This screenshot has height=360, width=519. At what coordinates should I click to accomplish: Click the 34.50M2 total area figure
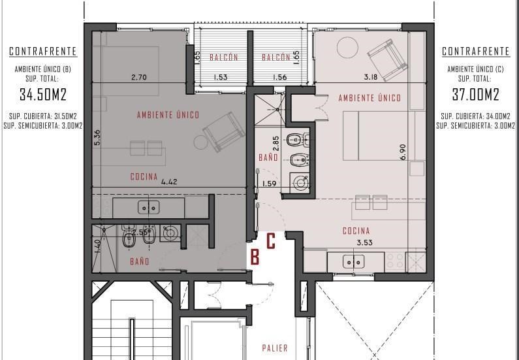43,95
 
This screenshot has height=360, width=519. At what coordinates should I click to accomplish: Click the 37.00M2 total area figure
476,95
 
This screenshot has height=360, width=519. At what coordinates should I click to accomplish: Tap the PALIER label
275,348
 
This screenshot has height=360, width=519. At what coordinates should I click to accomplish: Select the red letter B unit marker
255,257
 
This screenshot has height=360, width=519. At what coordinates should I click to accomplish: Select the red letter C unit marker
271,241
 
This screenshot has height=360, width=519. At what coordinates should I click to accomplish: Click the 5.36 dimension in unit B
97,137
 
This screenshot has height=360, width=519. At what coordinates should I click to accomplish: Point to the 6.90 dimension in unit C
403,152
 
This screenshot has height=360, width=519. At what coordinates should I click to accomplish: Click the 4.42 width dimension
169,182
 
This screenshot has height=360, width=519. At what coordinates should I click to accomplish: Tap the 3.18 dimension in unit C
371,77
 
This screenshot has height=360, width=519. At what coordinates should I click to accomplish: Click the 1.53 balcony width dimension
221,78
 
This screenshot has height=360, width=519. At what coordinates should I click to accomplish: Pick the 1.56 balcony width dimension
279,78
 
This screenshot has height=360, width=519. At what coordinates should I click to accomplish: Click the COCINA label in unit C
356,231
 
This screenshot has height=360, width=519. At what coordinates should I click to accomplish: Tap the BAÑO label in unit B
139,261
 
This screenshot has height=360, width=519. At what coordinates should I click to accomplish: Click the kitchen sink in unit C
353,261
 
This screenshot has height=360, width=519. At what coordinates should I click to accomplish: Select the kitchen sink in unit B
149,207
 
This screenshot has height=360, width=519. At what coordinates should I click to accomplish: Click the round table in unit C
347,47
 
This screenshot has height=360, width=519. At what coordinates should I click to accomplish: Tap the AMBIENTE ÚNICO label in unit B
168,115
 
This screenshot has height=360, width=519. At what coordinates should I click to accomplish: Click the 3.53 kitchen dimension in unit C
364,243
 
